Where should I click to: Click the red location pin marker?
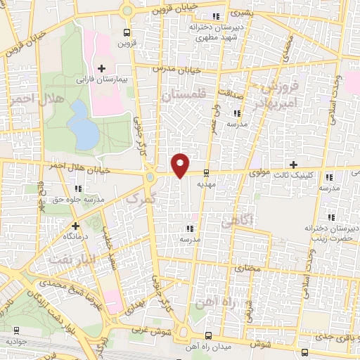pos(181,164)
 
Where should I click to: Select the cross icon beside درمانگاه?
pos(75,226)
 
